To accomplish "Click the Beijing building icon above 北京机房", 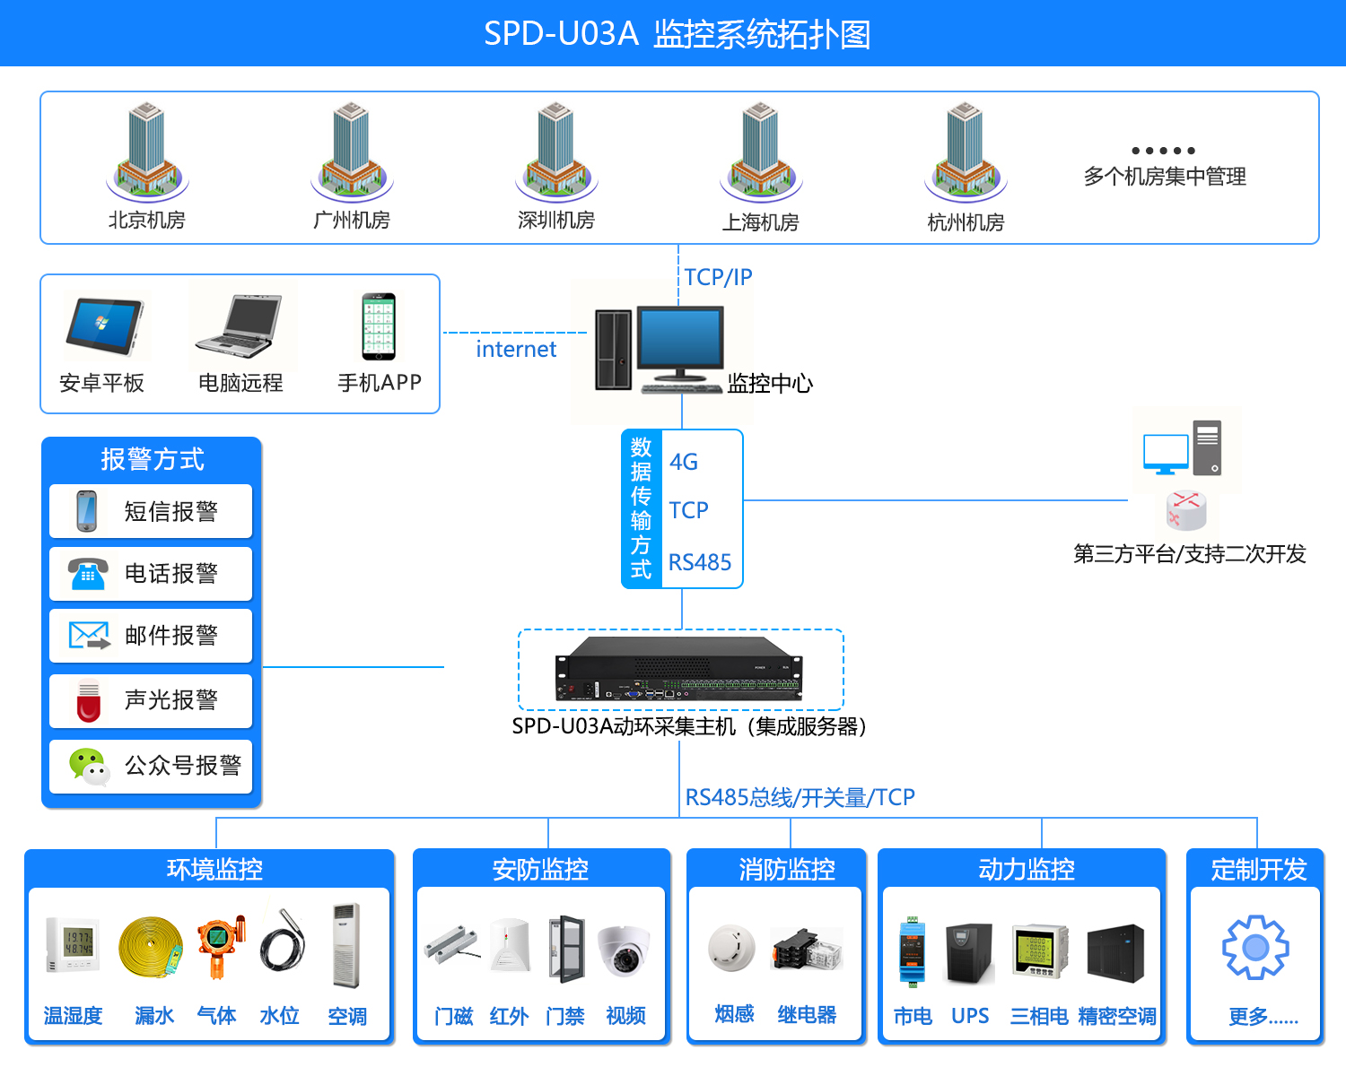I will click(146, 151).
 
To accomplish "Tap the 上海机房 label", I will click(760, 222).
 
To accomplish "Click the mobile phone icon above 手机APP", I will click(379, 326).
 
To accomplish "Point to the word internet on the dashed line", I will click(516, 349).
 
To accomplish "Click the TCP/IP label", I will click(718, 277).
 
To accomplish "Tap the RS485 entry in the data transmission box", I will click(700, 562).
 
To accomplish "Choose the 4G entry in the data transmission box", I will click(684, 462).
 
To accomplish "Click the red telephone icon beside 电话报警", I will click(88, 573).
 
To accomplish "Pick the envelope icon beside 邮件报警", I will click(89, 636).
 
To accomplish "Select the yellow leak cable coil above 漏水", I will click(150, 947).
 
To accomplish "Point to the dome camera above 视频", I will click(625, 950).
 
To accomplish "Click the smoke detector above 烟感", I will click(731, 949).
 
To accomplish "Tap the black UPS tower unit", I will click(969, 953).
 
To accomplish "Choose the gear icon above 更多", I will click(1255, 947).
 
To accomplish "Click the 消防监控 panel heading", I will click(787, 869).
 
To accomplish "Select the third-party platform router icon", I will click(1186, 510).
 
